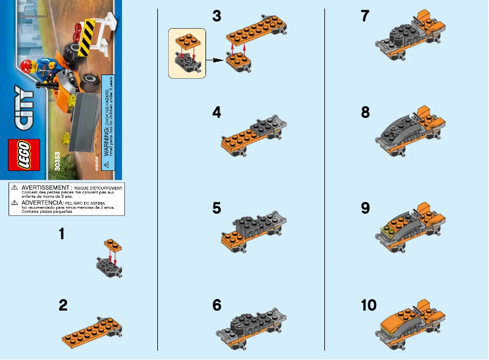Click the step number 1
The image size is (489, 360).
tap(63, 234)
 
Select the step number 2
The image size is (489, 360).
tap(63, 306)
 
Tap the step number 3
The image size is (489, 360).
tap(216, 16)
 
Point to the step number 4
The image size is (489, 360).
tap(216, 112)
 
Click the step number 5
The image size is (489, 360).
tap(216, 209)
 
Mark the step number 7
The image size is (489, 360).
tap(365, 16)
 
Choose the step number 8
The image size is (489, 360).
tap(365, 112)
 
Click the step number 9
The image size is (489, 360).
tap(365, 209)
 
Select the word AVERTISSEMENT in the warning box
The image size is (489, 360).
tap(45, 187)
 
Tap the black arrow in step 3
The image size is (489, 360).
tap(214, 60)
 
